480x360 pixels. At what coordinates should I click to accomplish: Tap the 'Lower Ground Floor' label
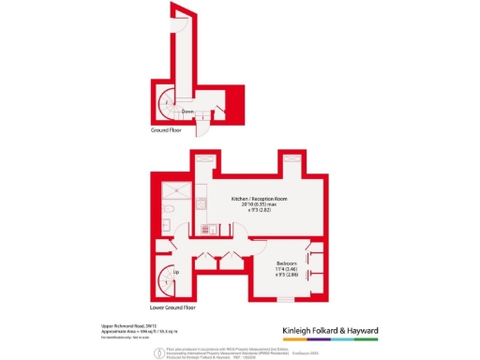tap(172, 307)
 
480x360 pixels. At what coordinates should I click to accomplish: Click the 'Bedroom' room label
tap(287, 262)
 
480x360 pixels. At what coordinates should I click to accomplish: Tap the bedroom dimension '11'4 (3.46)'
tap(287, 270)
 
